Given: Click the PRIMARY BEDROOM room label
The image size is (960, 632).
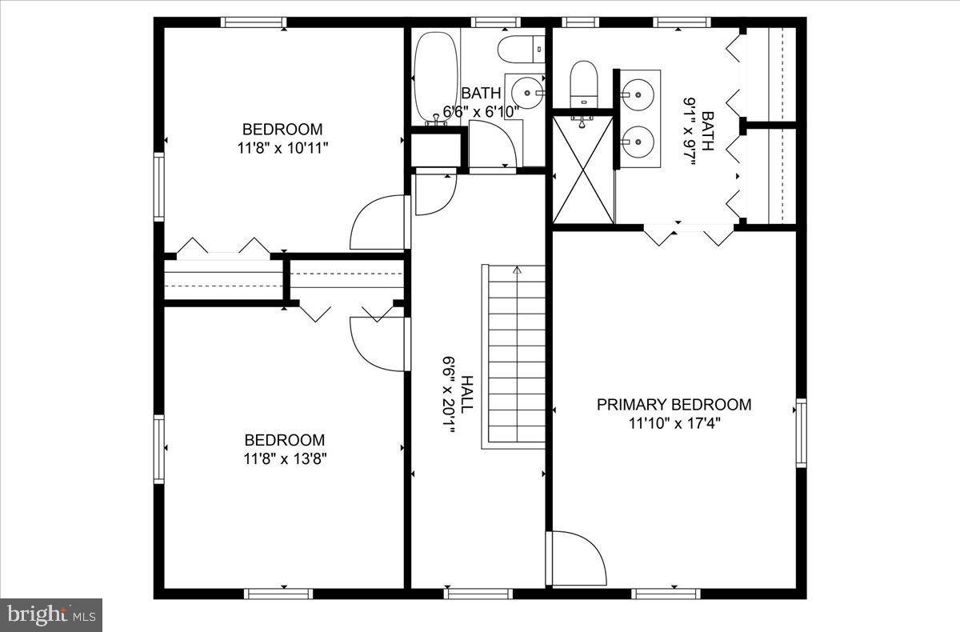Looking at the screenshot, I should click(x=674, y=405).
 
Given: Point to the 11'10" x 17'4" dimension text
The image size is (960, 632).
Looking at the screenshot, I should click(x=674, y=423).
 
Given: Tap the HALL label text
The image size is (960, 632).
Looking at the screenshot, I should click(x=466, y=394).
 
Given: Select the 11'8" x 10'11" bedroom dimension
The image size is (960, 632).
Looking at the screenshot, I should click(x=283, y=147).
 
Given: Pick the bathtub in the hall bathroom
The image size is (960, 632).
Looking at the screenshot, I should click(x=436, y=76).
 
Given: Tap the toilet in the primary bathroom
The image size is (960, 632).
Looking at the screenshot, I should click(x=584, y=83).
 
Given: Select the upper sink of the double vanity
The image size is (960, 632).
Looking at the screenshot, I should click(x=638, y=94).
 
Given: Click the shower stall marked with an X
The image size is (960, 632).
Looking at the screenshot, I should click(x=583, y=170).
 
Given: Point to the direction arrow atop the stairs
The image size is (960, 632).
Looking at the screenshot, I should click(x=517, y=270).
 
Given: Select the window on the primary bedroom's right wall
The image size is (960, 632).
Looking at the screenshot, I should click(x=801, y=433).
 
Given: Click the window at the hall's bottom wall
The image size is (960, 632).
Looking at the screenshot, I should click(x=478, y=594).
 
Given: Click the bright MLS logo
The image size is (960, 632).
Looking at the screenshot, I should click(x=51, y=614).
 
